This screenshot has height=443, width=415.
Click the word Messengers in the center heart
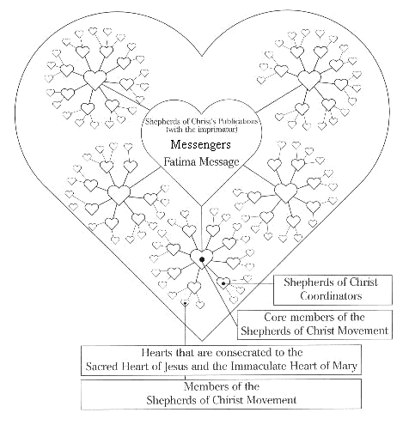point(200,144)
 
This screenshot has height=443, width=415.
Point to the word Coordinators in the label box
point(331,295)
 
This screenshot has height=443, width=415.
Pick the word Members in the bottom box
point(206,386)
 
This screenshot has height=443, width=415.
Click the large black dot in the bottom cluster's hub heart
point(202,259)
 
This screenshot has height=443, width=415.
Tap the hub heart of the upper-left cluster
point(95,80)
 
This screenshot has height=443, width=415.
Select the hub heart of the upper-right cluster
point(309,80)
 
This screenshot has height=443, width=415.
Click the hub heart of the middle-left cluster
point(119,195)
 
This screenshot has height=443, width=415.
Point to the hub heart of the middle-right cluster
point(286,192)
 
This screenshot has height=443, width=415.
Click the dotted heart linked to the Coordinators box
point(223,282)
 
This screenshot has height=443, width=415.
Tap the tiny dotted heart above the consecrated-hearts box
point(186,302)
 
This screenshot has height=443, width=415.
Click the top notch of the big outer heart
point(202,56)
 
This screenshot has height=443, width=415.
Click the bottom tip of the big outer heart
point(202,341)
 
